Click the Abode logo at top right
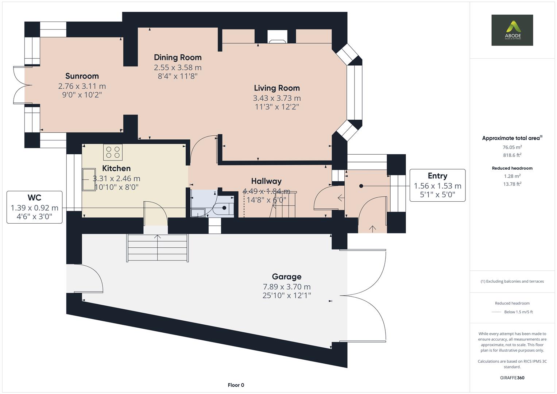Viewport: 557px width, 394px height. (512, 30)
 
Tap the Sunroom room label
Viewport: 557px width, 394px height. (82, 76)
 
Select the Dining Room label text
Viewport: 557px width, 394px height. (178, 57)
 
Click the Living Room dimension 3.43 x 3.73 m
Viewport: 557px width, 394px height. (277, 98)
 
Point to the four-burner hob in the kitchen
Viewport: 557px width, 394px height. (113, 152)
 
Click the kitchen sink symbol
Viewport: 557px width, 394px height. (88, 179)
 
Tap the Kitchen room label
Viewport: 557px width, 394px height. (116, 168)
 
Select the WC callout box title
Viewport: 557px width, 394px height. (34, 198)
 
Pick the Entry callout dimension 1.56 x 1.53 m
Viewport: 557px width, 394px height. (437, 186)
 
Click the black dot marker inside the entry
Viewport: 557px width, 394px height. (361, 186)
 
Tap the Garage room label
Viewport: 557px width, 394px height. (287, 277)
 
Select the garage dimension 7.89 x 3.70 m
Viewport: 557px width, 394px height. (287, 287)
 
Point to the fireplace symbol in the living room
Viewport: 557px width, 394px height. (277, 36)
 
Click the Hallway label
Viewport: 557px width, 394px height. (266, 181)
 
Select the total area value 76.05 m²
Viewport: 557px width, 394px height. (512, 147)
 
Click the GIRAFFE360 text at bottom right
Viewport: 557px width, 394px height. (512, 378)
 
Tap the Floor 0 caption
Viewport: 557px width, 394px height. (236, 385)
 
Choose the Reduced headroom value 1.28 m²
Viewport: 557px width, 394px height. (512, 176)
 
